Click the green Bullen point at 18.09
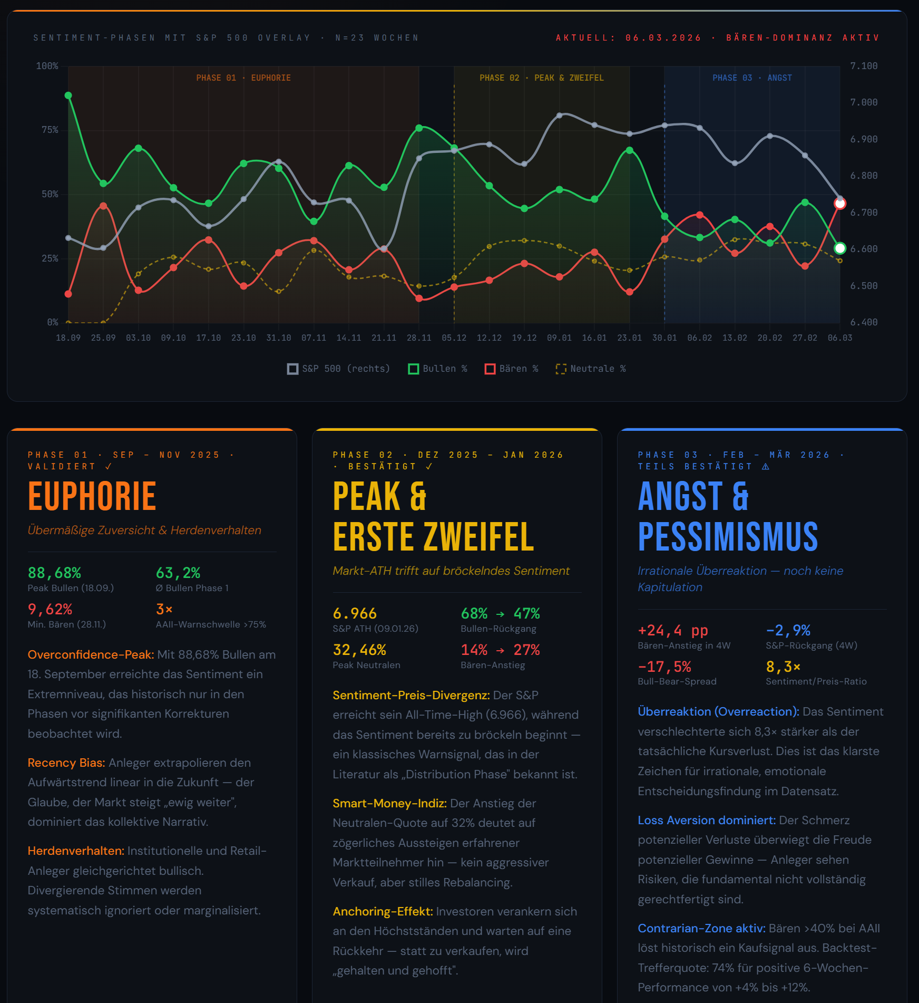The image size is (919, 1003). (68, 95)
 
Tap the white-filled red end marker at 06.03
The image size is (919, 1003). (840, 204)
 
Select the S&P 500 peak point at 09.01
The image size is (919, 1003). (559, 115)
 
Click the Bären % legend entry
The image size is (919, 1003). (511, 369)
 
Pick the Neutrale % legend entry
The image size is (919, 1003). (591, 369)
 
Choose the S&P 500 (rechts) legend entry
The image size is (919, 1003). (338, 369)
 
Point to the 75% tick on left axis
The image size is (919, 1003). (50, 130)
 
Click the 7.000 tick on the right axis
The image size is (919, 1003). (864, 102)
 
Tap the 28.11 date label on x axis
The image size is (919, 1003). (419, 337)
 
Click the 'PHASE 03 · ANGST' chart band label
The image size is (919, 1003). (752, 78)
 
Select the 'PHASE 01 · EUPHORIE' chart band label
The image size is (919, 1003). (243, 78)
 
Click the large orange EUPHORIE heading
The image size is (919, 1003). (92, 496)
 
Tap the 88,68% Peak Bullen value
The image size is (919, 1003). (54, 573)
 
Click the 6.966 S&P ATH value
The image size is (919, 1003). (355, 613)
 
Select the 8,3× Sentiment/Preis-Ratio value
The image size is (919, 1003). (783, 667)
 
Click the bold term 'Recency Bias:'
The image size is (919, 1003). (66, 763)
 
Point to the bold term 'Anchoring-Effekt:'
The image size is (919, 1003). (383, 911)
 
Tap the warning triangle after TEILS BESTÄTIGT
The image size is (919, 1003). (766, 467)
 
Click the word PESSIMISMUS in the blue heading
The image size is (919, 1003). (728, 537)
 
